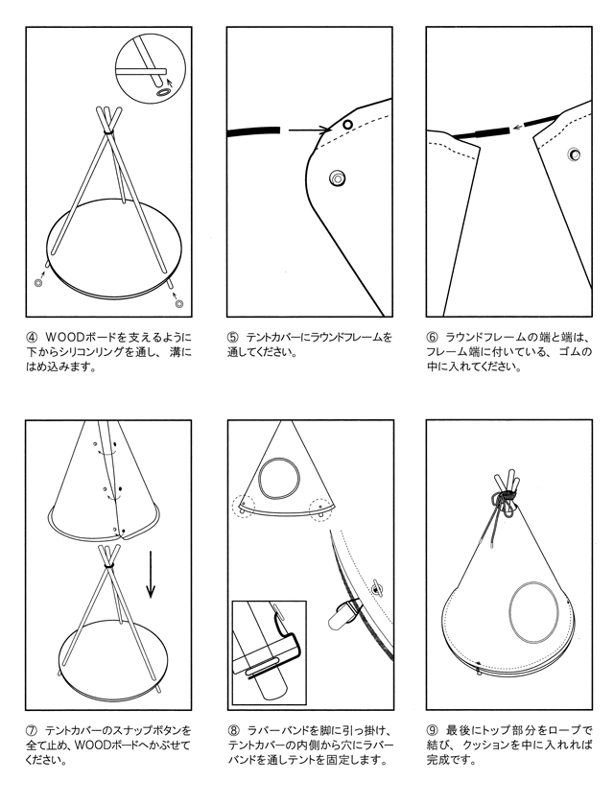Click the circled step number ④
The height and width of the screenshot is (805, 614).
tap(32, 338)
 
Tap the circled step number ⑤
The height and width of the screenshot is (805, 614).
tap(233, 338)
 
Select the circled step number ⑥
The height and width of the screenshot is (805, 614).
tap(433, 338)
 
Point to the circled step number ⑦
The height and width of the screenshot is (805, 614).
tap(32, 729)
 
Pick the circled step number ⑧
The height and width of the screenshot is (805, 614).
tap(233, 729)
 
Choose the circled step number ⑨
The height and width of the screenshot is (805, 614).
tap(433, 729)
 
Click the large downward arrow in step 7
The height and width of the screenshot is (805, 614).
tap(151, 575)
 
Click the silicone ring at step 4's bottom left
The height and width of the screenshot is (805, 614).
tap(38, 283)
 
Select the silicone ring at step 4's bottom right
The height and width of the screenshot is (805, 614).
tap(178, 304)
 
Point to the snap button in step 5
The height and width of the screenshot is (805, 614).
tap(338, 178)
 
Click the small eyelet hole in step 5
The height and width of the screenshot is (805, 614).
tap(347, 124)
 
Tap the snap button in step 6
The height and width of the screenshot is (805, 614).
tap(574, 154)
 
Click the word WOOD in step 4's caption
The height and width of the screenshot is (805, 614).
tap(63, 338)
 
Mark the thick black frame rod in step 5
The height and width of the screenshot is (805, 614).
tap(254, 131)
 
